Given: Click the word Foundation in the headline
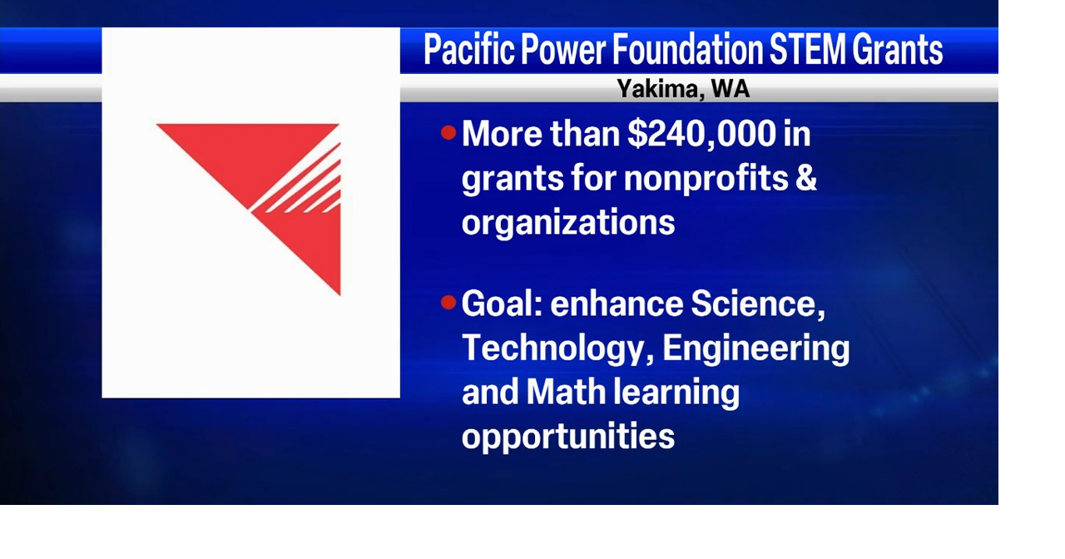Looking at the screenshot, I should [687, 51].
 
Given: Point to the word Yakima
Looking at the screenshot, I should [656, 88].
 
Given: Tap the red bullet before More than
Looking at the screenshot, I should [449, 132].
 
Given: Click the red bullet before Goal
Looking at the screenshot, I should [449, 302].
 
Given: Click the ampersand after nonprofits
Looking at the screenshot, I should [806, 177].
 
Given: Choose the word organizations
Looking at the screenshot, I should [567, 221].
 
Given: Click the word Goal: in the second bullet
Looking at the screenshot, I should [502, 304].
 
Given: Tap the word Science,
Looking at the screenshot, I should [757, 304].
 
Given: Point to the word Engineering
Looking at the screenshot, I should [755, 348].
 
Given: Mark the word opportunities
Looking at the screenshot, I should [567, 436].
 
